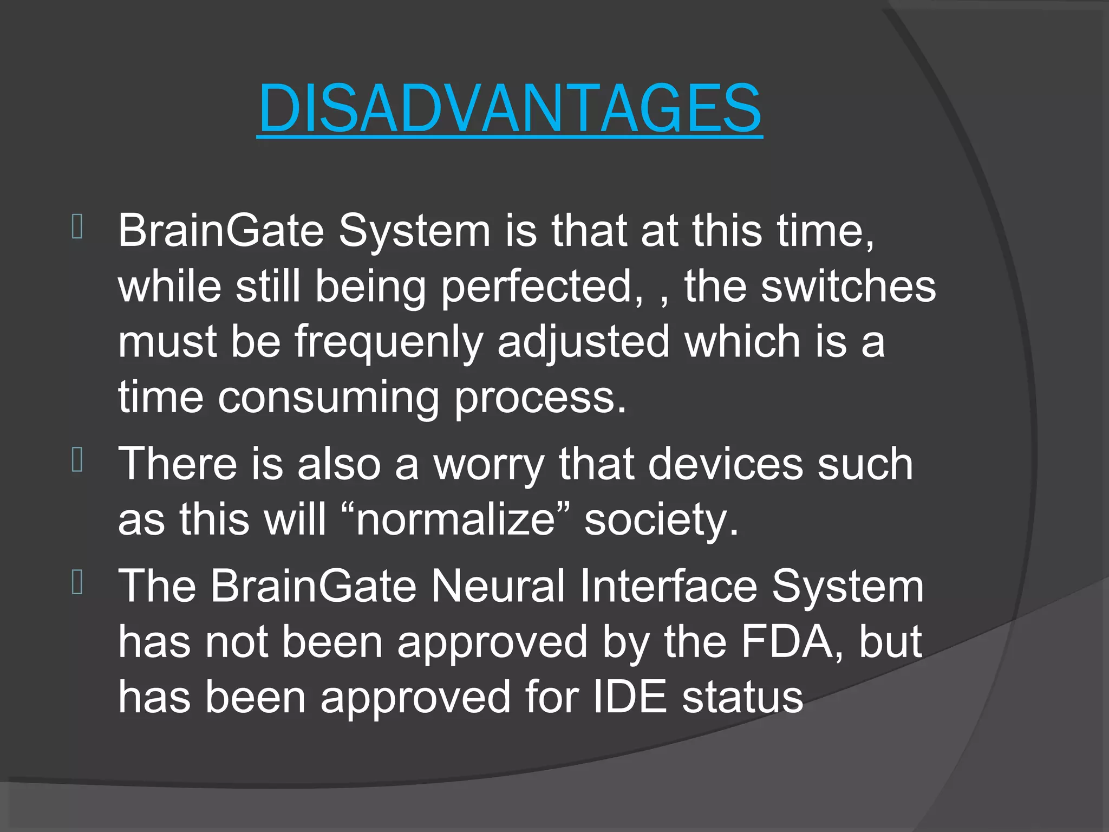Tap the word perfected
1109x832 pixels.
(543, 287)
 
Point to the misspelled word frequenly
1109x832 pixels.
(388, 342)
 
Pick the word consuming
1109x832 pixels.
(328, 398)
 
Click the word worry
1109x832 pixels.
(488, 465)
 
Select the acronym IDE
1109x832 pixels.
(630, 697)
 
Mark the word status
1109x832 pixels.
(742, 697)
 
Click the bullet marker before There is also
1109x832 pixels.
(77, 460)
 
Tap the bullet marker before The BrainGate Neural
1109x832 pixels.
(77, 582)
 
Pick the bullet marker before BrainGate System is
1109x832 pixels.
(77, 226)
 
